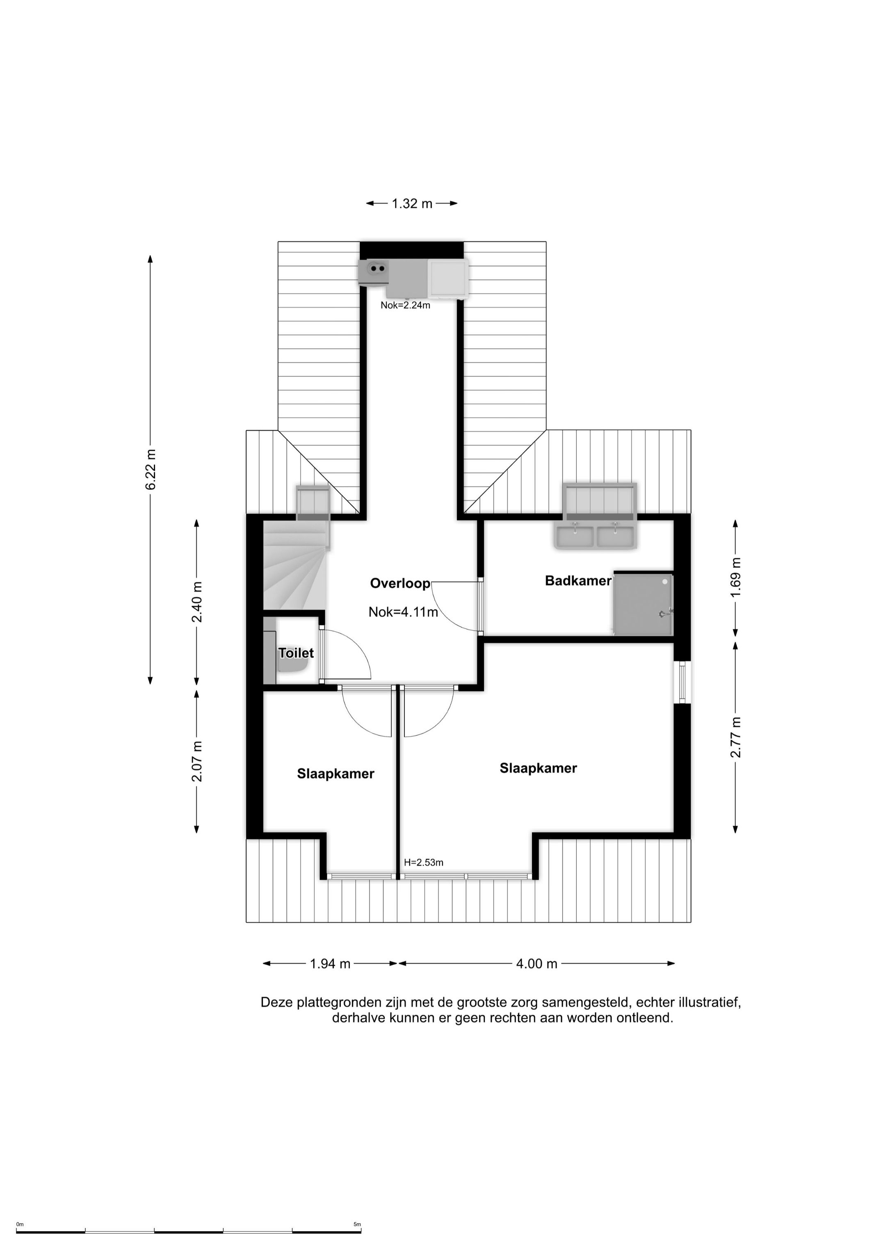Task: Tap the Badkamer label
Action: pyautogui.click(x=578, y=581)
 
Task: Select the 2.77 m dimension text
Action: pyautogui.click(x=736, y=737)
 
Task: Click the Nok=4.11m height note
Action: pyautogui.click(x=404, y=612)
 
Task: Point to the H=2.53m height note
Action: pyautogui.click(x=424, y=863)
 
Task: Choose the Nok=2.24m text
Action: pyautogui.click(x=406, y=306)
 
